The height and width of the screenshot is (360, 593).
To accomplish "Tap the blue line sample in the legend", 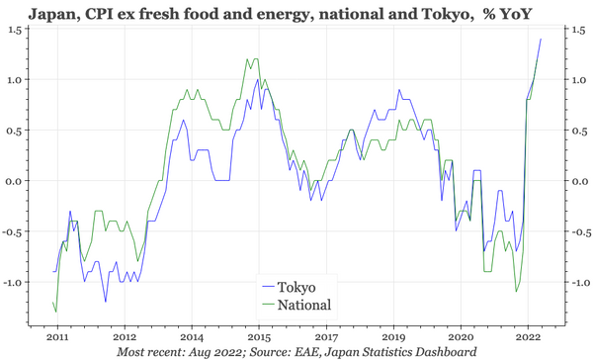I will (x=268, y=287).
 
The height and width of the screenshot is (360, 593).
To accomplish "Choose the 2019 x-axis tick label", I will (x=393, y=336).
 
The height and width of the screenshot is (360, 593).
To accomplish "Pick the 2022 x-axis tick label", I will (x=529, y=336).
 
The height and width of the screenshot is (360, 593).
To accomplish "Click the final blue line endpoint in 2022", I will (x=541, y=39).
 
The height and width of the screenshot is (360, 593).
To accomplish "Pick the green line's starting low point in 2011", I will (x=55, y=312).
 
